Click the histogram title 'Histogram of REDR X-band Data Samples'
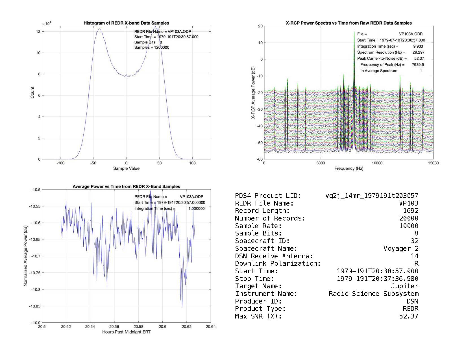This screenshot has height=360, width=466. pyautogui.click(x=126, y=23)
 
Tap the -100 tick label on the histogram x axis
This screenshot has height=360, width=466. pyautogui.click(x=60, y=163)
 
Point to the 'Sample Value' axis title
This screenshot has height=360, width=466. pyautogui.click(x=126, y=169)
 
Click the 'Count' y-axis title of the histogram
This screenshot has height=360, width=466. pyautogui.click(x=32, y=93)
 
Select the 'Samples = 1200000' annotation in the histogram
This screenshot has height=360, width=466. pyautogui.click(x=152, y=47)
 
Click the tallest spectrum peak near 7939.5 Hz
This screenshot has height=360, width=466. pyautogui.click(x=354, y=32)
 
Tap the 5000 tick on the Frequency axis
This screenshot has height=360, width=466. pyautogui.click(x=321, y=163)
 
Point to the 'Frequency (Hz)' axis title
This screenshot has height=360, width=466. pyautogui.click(x=349, y=169)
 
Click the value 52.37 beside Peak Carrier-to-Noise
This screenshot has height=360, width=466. pyautogui.click(x=419, y=58)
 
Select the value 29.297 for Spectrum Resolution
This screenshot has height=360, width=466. pyautogui.click(x=418, y=52)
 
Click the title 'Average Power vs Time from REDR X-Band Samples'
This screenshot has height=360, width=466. pyautogui.click(x=126, y=186)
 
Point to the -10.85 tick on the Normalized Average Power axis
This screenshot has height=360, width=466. pyautogui.click(x=35, y=306)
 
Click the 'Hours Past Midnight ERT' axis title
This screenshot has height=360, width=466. pyautogui.click(x=126, y=332)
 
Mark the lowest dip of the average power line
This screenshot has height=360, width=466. pyautogui.click(x=182, y=307)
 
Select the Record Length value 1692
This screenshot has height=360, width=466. pyautogui.click(x=411, y=211)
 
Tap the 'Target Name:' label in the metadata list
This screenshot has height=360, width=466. pyautogui.click(x=258, y=286)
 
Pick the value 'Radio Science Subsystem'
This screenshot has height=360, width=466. pyautogui.click(x=373, y=294)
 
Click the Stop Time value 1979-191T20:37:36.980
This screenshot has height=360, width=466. pyautogui.click(x=377, y=279)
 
